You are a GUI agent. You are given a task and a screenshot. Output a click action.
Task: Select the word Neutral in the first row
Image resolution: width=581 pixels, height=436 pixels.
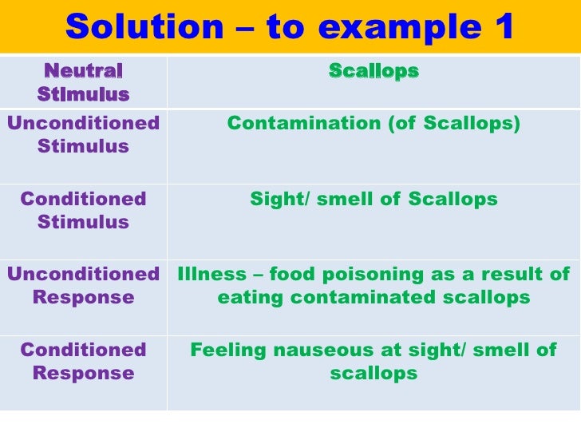[83, 71]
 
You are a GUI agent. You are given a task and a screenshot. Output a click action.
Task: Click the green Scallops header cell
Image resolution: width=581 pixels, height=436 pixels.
[373, 71]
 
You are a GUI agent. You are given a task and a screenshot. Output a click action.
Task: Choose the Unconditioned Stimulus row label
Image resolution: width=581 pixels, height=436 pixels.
[83, 135]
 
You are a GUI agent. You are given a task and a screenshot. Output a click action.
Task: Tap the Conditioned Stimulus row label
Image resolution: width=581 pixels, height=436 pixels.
[83, 210]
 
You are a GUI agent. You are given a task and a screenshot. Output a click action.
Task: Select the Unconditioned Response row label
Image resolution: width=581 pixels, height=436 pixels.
[83, 286]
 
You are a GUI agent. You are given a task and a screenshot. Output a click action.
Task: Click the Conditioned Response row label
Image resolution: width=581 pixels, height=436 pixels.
[83, 361]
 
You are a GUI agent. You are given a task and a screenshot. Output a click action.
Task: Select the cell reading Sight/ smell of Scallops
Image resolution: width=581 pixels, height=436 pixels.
[373, 199]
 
